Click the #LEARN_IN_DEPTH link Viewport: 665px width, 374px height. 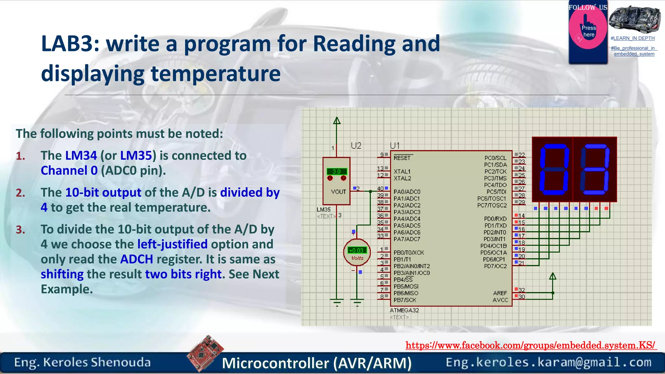632,38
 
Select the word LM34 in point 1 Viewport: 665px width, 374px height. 81,156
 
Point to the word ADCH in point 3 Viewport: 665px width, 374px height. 136,259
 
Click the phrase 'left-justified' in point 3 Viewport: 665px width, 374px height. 172,244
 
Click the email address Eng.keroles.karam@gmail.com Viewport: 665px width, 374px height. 548,362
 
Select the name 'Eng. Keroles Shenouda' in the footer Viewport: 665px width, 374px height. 82,362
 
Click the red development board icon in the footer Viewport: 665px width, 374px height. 205,353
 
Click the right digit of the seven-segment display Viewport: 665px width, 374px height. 595,169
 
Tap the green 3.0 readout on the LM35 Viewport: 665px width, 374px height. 336,171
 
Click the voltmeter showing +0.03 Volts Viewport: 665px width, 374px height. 357,253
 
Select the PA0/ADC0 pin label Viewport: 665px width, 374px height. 407,192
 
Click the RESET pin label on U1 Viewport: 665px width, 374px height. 402,158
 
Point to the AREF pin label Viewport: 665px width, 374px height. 500,293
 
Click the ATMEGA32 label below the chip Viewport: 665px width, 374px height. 404,310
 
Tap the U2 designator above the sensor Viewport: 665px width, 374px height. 356,146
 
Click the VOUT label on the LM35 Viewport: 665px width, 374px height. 338,192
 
